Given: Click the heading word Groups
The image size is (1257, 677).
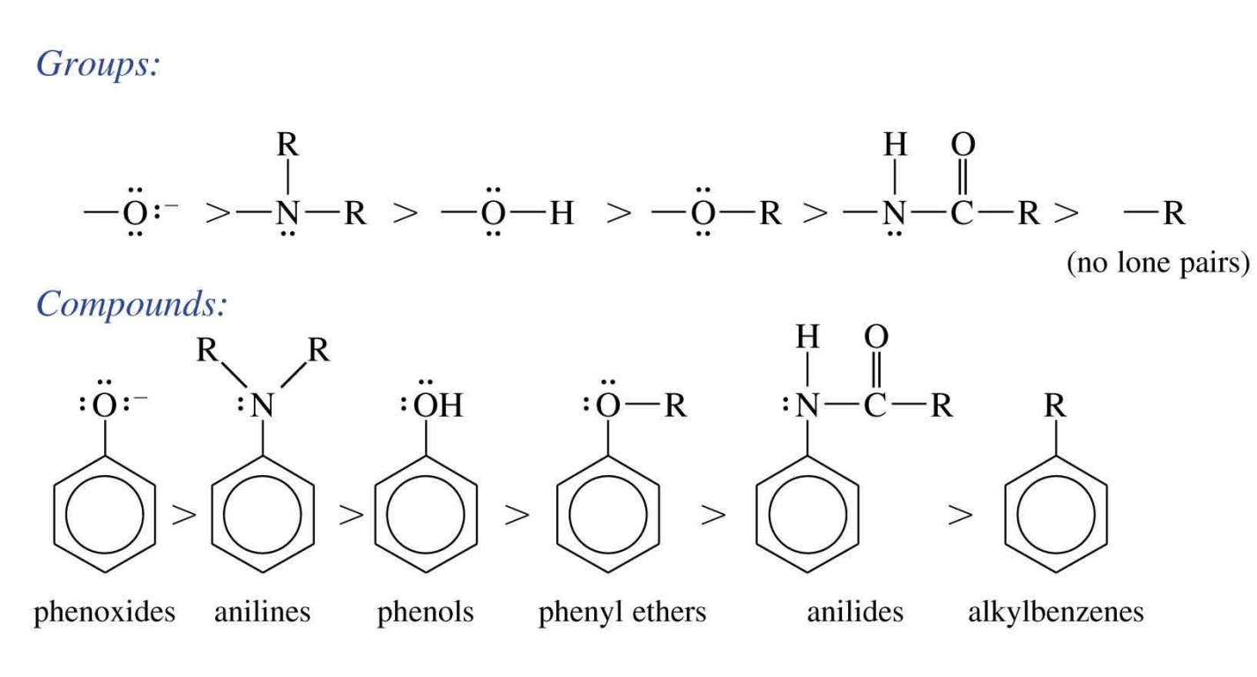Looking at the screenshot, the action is (96, 65).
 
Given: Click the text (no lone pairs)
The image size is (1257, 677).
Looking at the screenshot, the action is (1157, 264).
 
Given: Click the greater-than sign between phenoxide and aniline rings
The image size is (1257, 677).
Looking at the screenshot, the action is (184, 516).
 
